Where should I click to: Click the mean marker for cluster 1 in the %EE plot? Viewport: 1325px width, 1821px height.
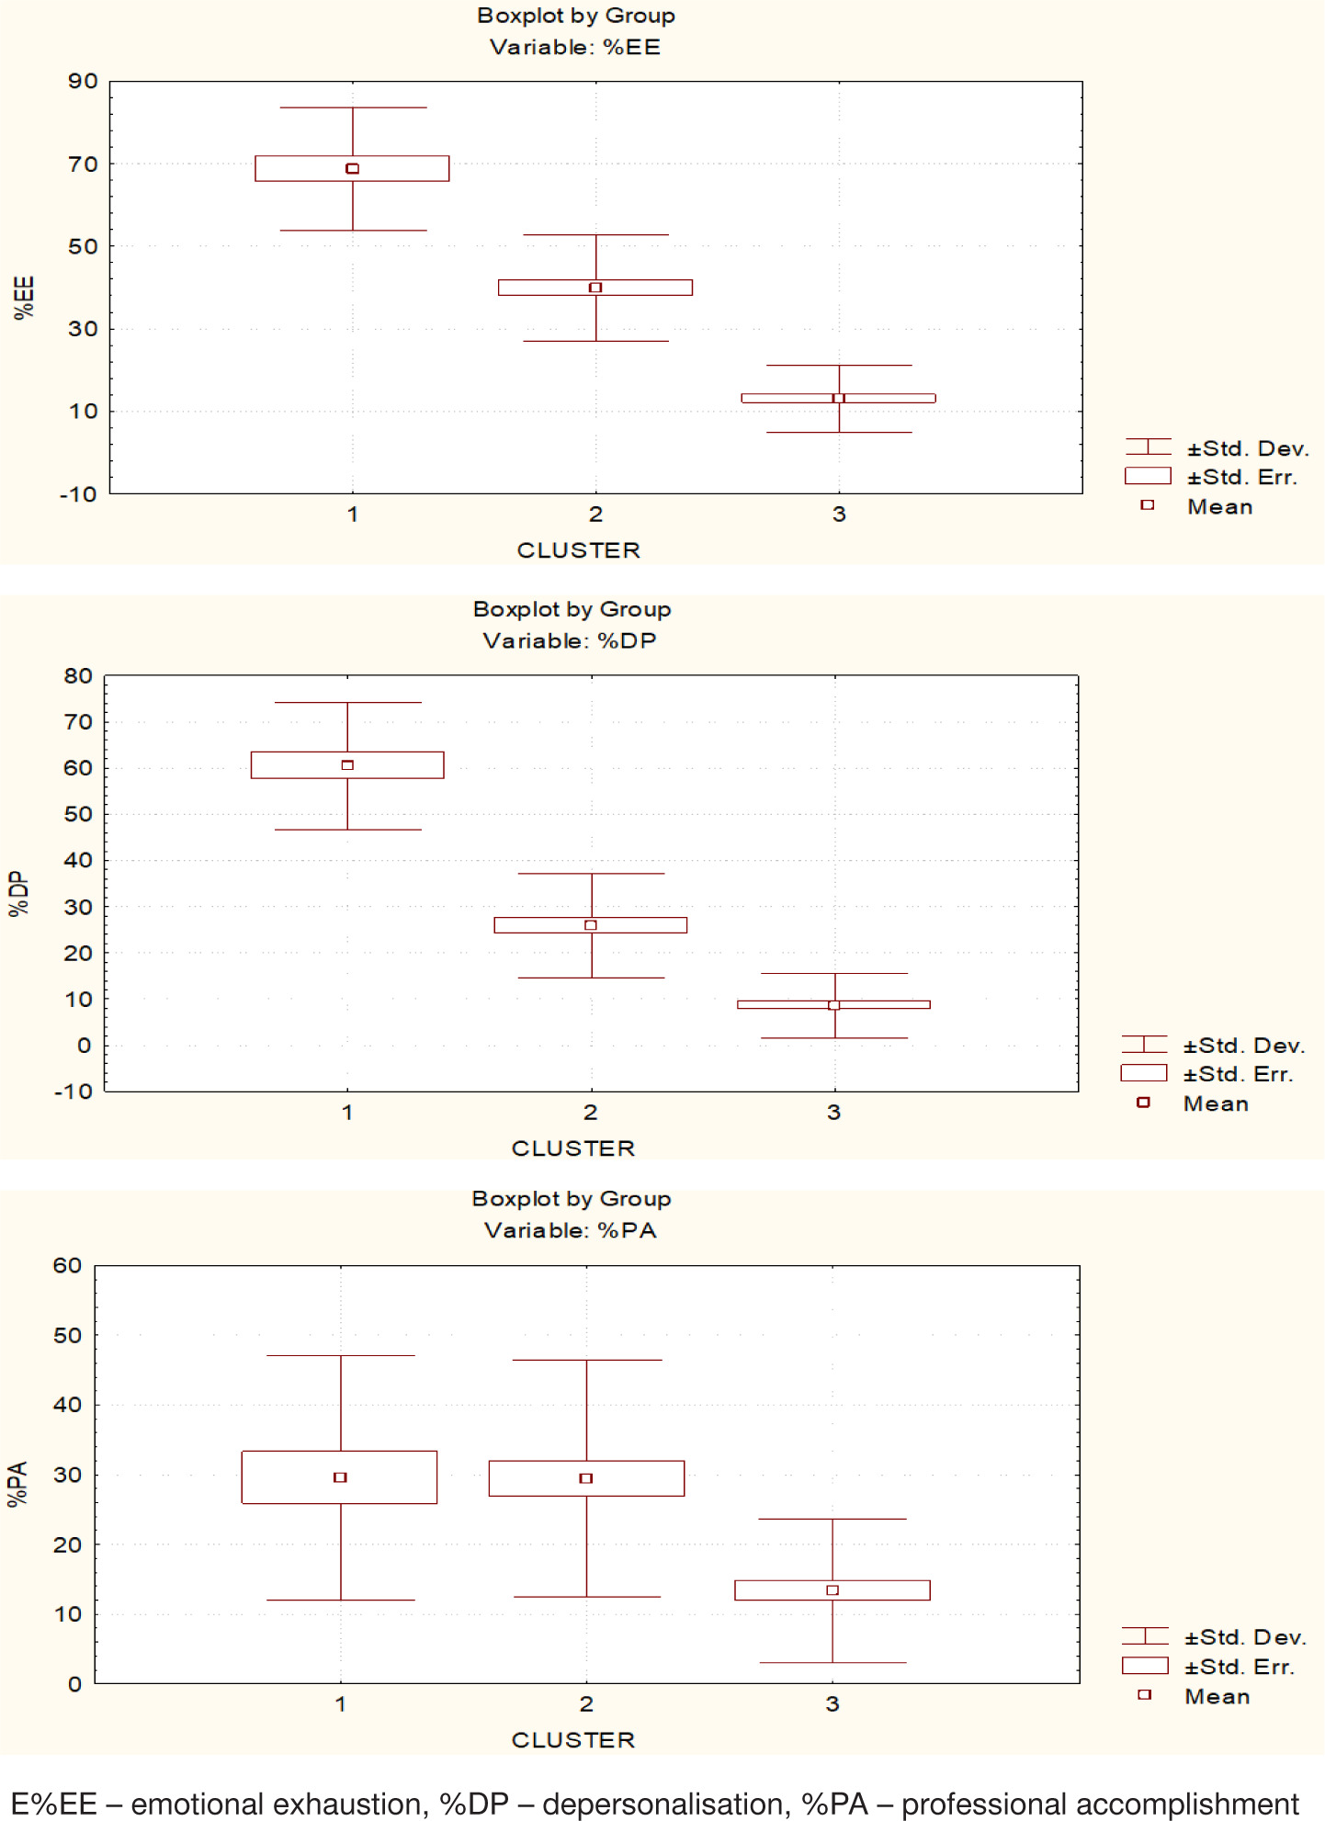click(352, 168)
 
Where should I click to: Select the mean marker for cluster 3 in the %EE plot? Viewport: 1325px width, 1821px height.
click(838, 398)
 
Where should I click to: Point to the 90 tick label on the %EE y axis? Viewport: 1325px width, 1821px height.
click(83, 82)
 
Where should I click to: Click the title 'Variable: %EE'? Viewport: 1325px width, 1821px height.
click(575, 47)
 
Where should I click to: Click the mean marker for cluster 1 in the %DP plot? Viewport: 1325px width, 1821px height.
click(347, 764)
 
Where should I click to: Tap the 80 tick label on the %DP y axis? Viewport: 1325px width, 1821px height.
click(78, 676)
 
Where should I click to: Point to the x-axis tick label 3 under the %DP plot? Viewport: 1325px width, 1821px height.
click(833, 1113)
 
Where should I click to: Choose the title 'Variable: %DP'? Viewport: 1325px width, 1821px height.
click(570, 640)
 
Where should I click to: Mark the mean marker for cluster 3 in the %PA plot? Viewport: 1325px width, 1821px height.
click(832, 1589)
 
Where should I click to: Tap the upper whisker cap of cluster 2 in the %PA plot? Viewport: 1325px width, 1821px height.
click(586, 1360)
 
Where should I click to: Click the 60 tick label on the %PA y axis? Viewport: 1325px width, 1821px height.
click(67, 1265)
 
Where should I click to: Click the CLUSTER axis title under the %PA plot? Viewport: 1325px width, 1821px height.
click(573, 1740)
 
